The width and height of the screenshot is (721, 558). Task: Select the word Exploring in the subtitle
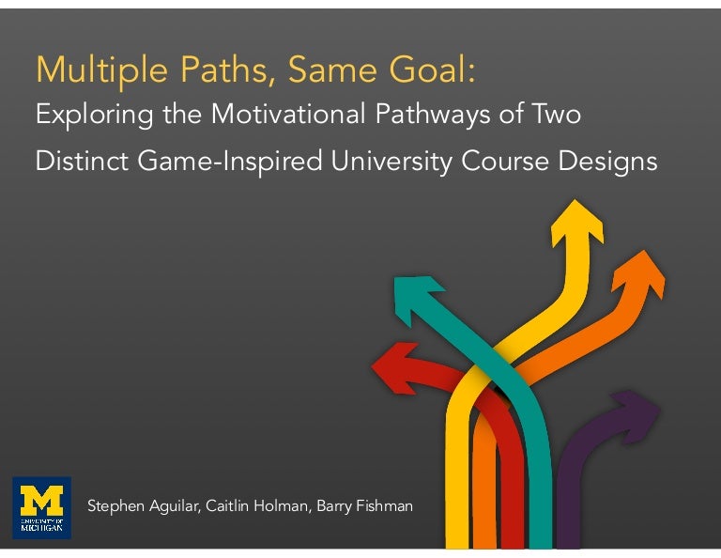tap(83, 116)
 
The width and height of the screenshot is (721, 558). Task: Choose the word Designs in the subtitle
tap(607, 162)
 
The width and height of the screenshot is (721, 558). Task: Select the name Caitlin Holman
tap(240, 507)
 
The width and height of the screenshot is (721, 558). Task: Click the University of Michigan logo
tap(41, 508)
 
